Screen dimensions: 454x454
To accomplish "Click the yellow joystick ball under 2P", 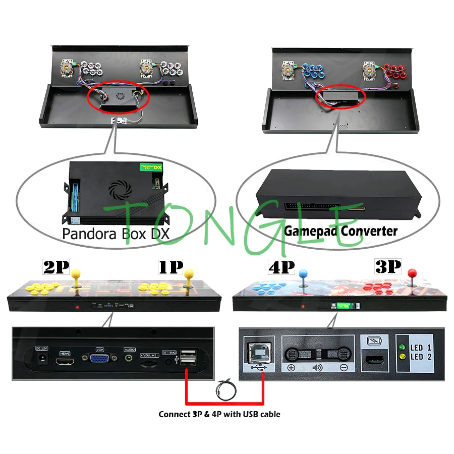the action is (77, 274).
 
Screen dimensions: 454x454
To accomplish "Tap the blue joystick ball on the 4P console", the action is (303, 274).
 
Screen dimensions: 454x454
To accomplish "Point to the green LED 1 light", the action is (402, 348).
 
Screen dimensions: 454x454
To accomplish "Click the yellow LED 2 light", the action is (402, 357).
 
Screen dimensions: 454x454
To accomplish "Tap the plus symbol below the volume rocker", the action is (291, 368).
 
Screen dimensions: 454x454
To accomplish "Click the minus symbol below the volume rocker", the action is (343, 368).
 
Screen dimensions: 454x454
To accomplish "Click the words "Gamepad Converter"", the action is (340, 232).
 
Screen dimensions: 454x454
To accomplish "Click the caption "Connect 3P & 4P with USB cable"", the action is (219, 414).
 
